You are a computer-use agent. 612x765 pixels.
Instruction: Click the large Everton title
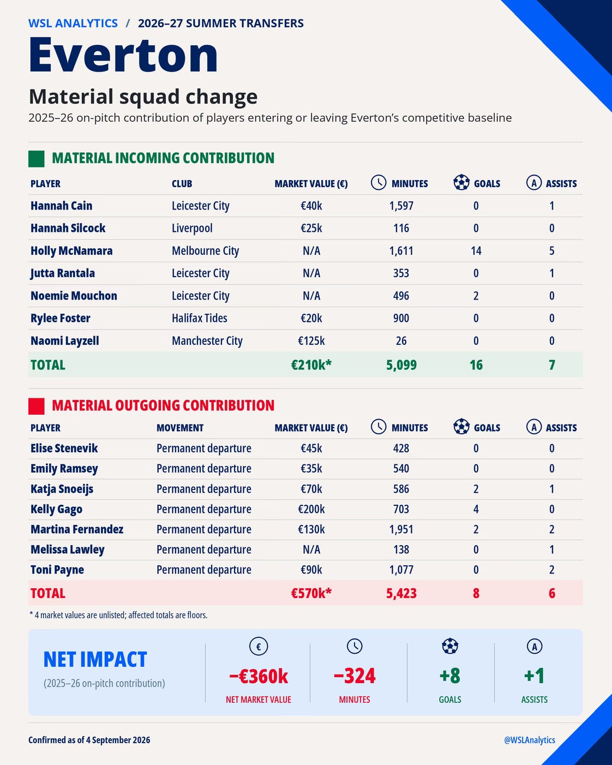(x=123, y=55)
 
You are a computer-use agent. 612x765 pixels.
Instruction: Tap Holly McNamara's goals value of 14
(x=476, y=251)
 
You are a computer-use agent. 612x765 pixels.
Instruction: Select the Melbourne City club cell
(x=206, y=251)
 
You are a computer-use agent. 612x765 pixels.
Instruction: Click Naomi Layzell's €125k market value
(x=311, y=341)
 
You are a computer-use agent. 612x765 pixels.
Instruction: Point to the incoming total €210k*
(x=311, y=365)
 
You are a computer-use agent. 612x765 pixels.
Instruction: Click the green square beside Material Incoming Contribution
(x=36, y=159)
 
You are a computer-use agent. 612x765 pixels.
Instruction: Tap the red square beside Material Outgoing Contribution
(x=36, y=406)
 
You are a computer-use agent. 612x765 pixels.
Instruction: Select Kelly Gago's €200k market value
(x=311, y=509)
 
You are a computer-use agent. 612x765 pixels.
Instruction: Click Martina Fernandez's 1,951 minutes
(x=401, y=529)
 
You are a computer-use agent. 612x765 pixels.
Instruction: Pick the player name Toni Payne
(x=57, y=570)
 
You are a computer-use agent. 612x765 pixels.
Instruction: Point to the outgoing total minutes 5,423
(x=401, y=593)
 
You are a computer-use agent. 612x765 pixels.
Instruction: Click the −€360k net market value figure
(x=259, y=676)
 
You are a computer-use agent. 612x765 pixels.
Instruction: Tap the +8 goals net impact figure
(x=449, y=676)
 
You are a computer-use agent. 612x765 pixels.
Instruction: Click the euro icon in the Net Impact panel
(x=259, y=646)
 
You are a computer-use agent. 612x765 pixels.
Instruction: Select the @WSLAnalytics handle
(x=529, y=740)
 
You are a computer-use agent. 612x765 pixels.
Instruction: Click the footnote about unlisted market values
(x=118, y=615)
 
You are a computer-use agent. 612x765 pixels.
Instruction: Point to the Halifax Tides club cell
(x=200, y=318)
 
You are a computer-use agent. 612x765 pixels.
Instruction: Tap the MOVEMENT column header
(x=180, y=428)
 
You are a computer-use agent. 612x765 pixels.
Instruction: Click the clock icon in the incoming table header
(x=379, y=182)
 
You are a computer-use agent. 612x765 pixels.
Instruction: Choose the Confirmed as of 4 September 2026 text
(x=89, y=740)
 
